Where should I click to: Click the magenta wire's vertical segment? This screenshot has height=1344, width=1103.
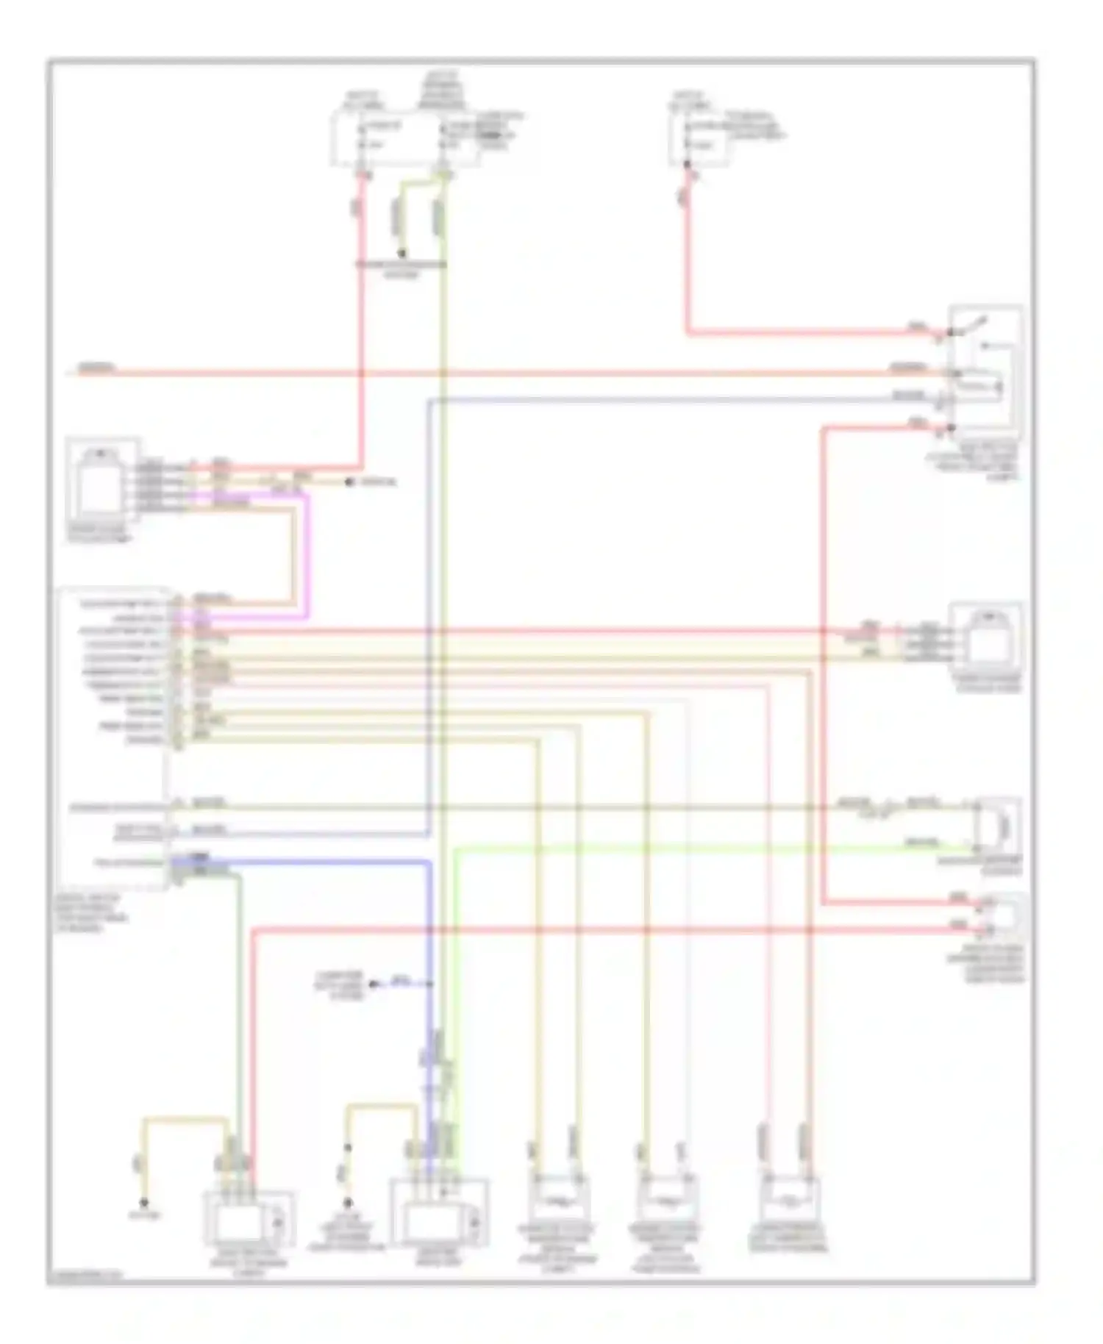tap(306, 555)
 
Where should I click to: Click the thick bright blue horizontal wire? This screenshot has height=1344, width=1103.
tap(309, 861)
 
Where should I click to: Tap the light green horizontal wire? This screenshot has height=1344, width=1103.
tap(662, 849)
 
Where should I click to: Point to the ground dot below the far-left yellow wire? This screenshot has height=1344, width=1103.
tap(145, 1204)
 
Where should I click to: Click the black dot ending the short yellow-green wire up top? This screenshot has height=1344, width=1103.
tap(401, 254)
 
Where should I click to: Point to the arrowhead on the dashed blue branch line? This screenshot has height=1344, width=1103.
tap(374, 984)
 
